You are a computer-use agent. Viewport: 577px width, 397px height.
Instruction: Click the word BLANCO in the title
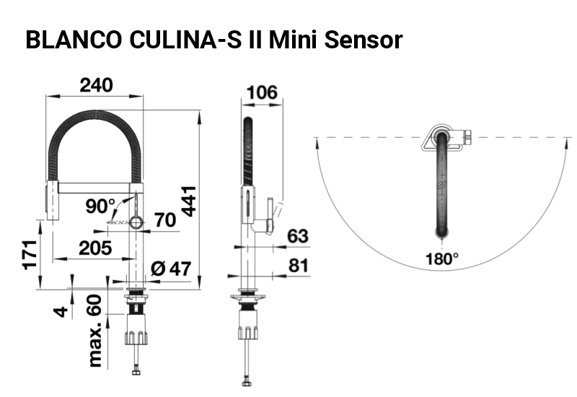coord(74,40)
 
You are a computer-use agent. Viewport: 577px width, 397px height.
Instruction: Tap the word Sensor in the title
coord(364,40)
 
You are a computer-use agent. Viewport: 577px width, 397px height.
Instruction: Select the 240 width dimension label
coord(97,85)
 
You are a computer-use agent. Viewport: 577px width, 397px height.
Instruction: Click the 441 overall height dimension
coord(189,201)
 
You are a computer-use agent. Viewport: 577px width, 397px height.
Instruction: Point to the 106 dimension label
coord(262,92)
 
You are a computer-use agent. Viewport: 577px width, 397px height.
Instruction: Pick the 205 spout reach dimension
coord(95,248)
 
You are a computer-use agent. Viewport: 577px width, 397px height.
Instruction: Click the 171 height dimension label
coord(30,255)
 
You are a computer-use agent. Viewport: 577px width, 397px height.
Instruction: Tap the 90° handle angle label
coord(100,206)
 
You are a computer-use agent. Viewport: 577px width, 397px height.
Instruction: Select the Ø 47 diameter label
coord(171,269)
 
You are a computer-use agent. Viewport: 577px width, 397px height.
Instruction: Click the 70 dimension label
coord(165,220)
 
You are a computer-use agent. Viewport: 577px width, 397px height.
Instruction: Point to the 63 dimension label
coord(298,236)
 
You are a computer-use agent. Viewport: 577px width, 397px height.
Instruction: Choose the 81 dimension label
coord(299,266)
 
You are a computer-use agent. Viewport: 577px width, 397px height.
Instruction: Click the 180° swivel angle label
coord(442,259)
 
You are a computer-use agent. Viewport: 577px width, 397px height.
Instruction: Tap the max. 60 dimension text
coord(94,331)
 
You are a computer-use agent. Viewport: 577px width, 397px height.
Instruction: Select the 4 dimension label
coord(61,312)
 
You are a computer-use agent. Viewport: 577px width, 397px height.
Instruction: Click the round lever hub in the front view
coord(136,222)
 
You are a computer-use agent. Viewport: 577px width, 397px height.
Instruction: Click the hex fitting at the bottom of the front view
coord(136,371)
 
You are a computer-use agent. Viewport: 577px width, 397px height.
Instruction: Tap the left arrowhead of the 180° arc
coord(317,142)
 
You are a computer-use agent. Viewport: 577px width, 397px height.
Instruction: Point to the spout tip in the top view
coord(442,232)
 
